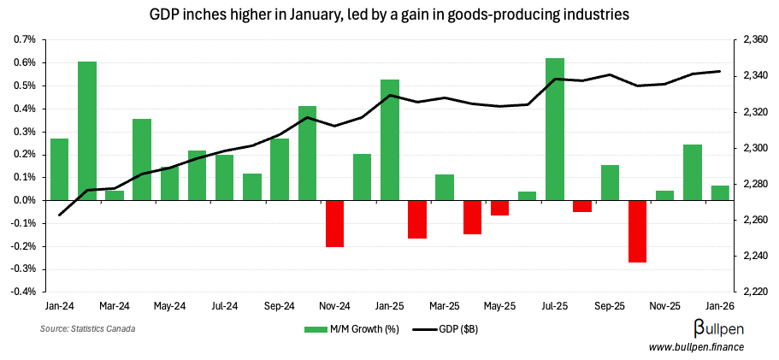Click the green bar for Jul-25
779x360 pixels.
pyautogui.click(x=555, y=129)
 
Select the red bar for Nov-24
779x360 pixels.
pyautogui.click(x=334, y=223)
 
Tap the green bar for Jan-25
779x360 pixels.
pyautogui.click(x=390, y=139)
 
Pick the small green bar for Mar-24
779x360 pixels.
pyautogui.click(x=115, y=195)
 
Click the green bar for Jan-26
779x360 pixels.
pyautogui.click(x=720, y=192)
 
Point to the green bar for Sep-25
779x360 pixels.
pyautogui.click(x=610, y=182)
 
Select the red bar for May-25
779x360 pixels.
pyautogui.click(x=500, y=208)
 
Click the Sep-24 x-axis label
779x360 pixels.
pyautogui.click(x=279, y=305)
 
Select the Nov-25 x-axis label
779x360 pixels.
pyautogui.click(x=664, y=305)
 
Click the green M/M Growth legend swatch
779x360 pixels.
pyautogui.click(x=316, y=328)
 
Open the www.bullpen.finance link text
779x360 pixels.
pyautogui.click(x=696, y=346)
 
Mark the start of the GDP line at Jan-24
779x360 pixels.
pyautogui.click(x=60, y=215)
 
